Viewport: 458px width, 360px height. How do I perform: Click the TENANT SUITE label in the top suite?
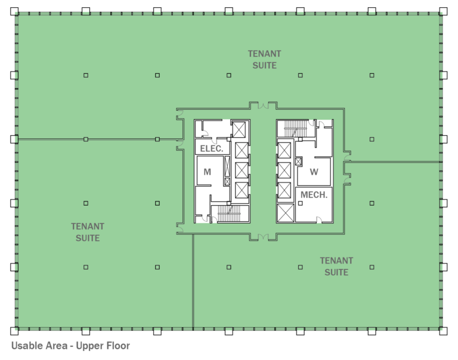(x=264, y=59)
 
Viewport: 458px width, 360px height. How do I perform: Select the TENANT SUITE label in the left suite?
(x=88, y=232)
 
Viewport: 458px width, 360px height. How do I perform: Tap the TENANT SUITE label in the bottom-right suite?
(x=336, y=266)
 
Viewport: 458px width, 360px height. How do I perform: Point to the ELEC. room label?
(x=211, y=148)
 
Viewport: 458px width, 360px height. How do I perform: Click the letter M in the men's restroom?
(x=207, y=172)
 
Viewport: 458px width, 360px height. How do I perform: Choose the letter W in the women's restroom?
(x=314, y=172)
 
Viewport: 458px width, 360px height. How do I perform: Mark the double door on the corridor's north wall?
(x=263, y=106)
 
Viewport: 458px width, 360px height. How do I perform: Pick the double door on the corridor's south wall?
(x=263, y=238)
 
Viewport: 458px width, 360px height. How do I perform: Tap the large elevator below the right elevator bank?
(x=285, y=212)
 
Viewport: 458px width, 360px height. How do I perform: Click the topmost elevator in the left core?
(x=240, y=129)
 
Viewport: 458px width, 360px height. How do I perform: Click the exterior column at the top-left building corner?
(x=14, y=11)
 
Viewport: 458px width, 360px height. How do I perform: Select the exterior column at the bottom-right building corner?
(x=443, y=331)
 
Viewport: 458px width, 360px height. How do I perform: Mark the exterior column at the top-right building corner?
(x=443, y=11)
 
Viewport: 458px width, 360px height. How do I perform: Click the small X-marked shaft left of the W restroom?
(x=299, y=160)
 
